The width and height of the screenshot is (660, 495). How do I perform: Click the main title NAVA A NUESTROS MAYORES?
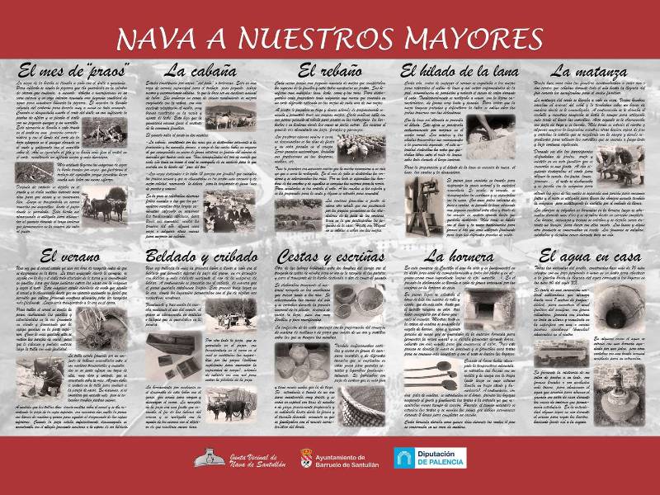point(329,37)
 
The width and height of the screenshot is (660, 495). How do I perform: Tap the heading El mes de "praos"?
point(69,71)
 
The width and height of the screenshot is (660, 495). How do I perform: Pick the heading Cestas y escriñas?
point(328,257)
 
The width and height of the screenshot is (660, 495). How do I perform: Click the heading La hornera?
point(457,257)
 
